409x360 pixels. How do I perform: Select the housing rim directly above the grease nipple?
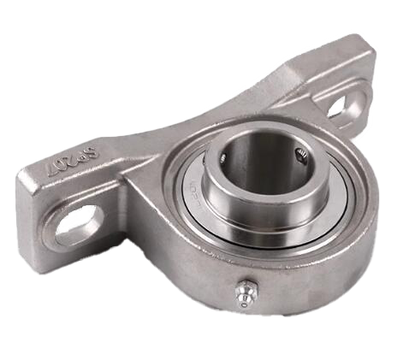coord(248,265)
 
